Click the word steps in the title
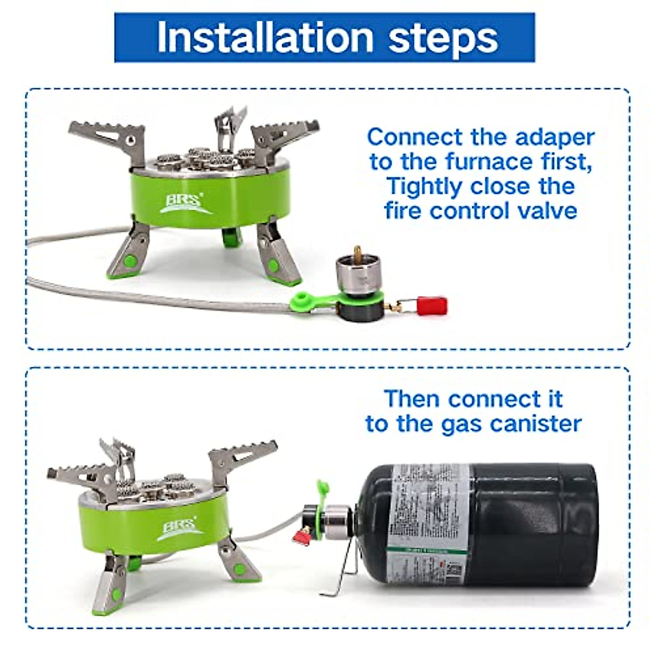pos(443,38)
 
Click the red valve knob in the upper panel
pos(432,306)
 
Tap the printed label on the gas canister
pos(428,524)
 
